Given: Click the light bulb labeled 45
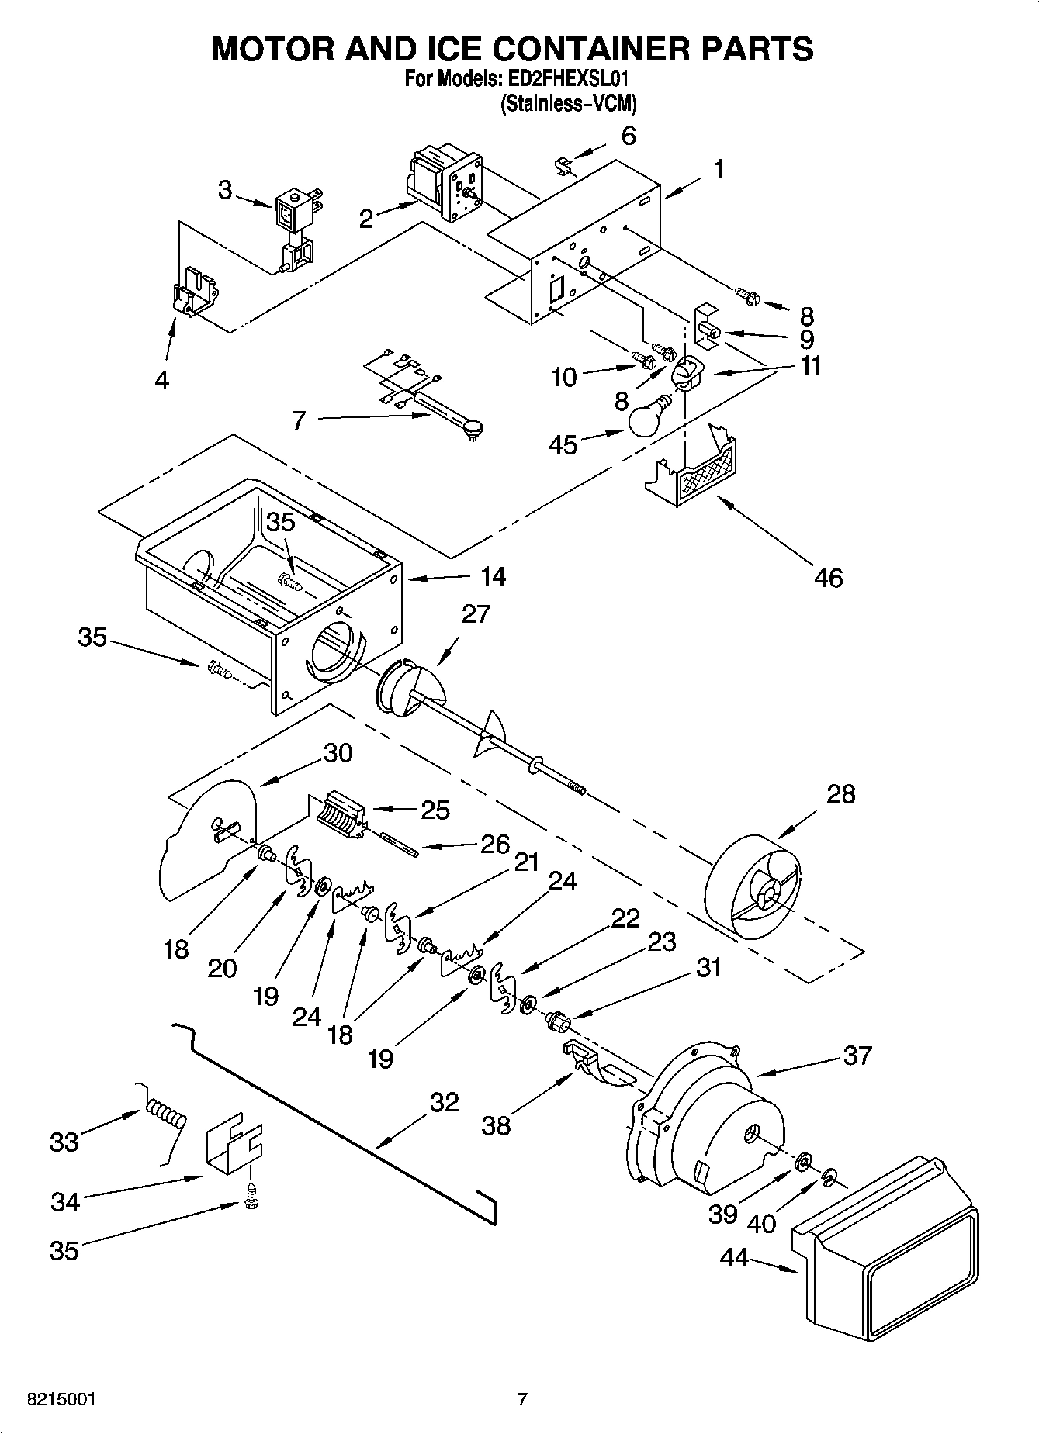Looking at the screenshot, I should [648, 419].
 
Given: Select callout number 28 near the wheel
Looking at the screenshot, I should [841, 794].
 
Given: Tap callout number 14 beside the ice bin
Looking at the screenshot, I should [493, 576].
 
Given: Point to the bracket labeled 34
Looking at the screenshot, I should [234, 1145].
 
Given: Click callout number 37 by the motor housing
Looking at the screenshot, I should [857, 1056].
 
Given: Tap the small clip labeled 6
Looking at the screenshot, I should [565, 165].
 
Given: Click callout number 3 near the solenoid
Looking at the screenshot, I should [225, 190].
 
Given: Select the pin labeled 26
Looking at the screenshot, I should [400, 845].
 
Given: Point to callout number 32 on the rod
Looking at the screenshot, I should [444, 1102].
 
